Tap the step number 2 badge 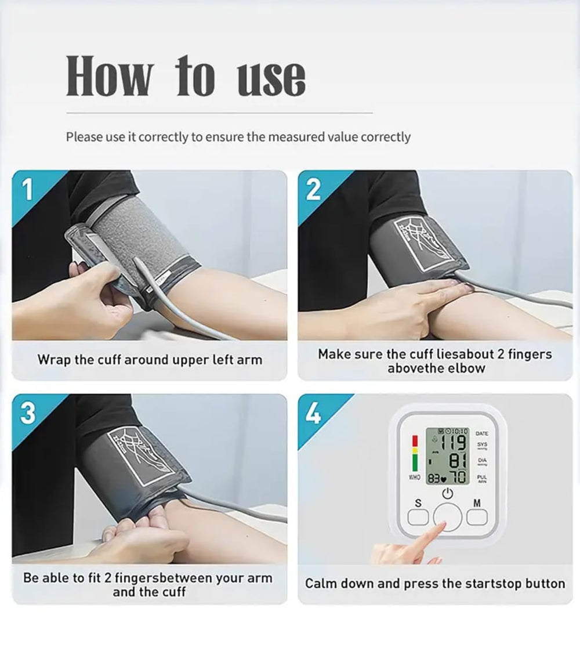click(313, 190)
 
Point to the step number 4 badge click(313, 414)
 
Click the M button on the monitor click(477, 516)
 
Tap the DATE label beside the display click(481, 433)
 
